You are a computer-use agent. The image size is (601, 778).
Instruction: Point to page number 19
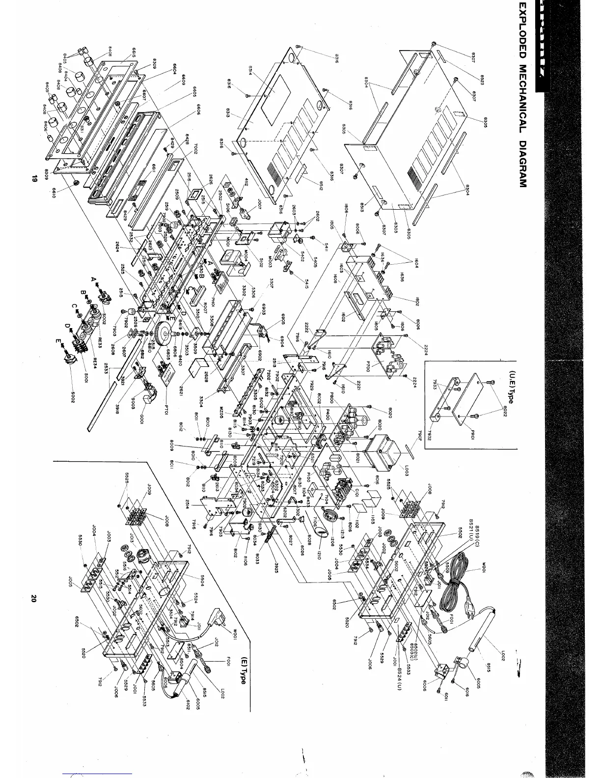[34, 180]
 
